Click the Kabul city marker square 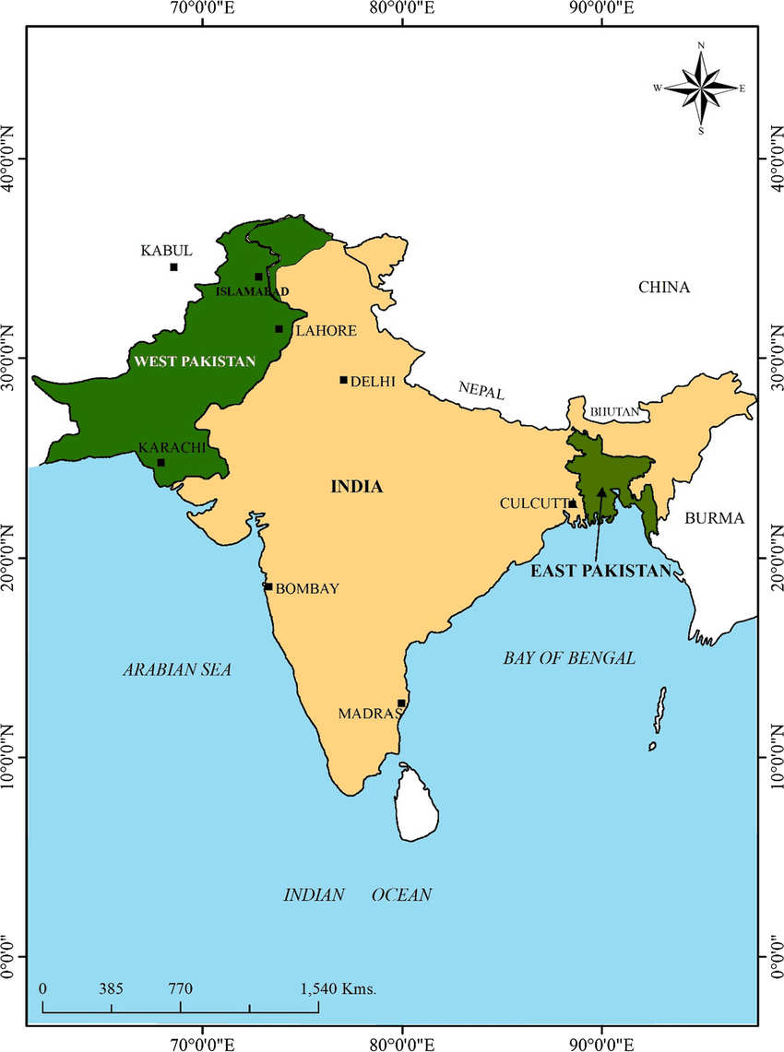(x=173, y=267)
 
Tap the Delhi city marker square (x=343, y=380)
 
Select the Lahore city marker (x=279, y=329)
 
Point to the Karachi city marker (x=160, y=463)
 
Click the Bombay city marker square (x=268, y=586)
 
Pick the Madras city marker (x=401, y=703)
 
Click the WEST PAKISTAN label (x=194, y=361)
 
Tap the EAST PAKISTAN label (x=600, y=571)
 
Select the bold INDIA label (x=356, y=487)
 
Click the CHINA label (x=664, y=288)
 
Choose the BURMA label (x=714, y=518)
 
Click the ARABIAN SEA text (x=177, y=670)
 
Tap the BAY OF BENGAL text (x=569, y=658)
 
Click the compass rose (x=701, y=89)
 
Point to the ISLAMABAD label (x=251, y=291)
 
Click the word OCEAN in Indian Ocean (x=401, y=895)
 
